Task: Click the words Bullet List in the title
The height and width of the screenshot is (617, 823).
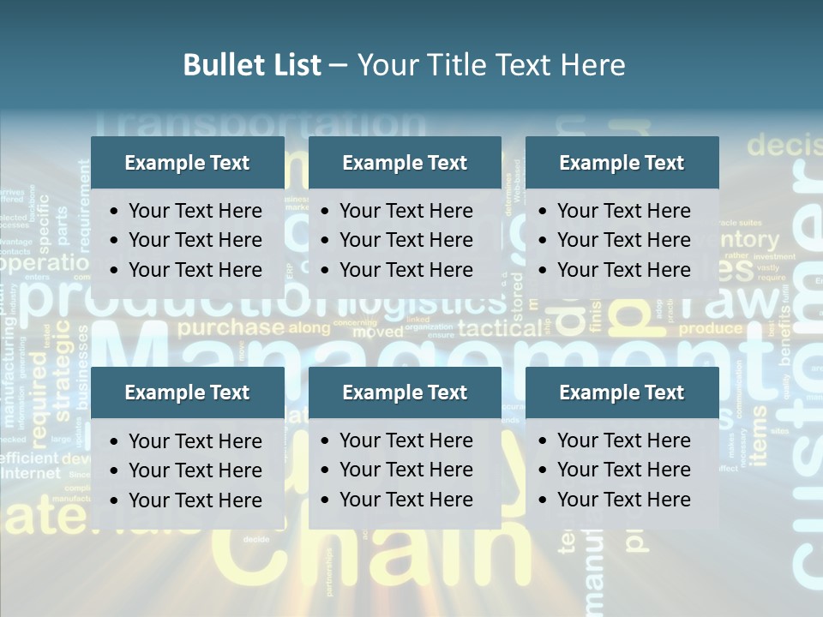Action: coord(252,65)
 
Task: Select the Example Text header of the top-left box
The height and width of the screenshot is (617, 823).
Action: coord(187,163)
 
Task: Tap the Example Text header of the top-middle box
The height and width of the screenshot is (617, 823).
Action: coord(405,163)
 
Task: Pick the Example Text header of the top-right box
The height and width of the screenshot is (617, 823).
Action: coord(622,163)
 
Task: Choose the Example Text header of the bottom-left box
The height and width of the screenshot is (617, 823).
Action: coord(187,392)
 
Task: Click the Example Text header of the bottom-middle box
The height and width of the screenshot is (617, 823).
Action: coord(405,392)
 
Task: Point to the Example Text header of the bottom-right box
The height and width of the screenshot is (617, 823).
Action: coord(622,392)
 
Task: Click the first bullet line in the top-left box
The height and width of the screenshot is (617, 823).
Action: coord(195,211)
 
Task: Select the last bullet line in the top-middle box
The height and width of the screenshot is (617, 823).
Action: coord(405,270)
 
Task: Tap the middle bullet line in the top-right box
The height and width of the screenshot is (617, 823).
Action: coord(623,240)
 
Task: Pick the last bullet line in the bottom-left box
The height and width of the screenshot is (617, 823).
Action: coord(195,500)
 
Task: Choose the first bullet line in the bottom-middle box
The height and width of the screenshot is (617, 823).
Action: coord(405,440)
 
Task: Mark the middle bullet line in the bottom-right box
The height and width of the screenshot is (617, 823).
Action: coord(623,470)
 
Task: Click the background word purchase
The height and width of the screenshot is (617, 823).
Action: coord(231,327)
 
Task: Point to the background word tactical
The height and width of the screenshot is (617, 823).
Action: coord(501,328)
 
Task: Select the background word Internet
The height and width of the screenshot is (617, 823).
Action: coord(32,473)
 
